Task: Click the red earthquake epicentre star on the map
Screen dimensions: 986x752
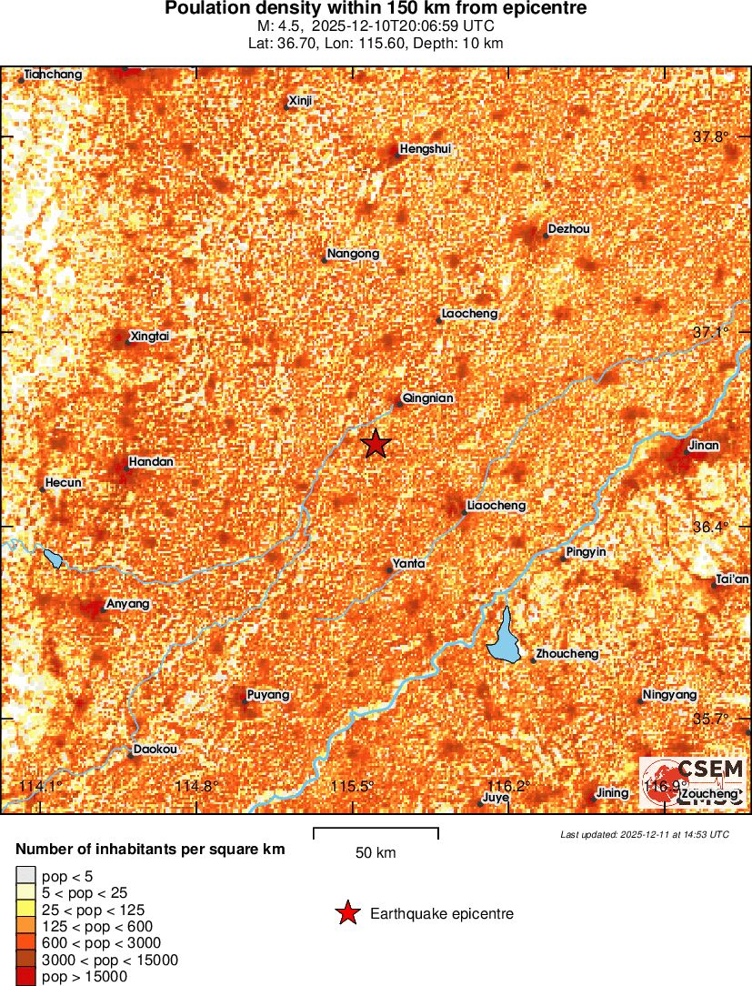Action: (376, 444)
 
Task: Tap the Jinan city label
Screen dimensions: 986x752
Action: (704, 446)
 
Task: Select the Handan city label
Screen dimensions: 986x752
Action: (151, 462)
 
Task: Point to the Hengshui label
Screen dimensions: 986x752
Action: (425, 149)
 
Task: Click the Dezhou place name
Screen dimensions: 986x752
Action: (569, 229)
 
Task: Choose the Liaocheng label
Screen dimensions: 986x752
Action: (496, 506)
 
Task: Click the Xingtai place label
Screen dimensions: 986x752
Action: (150, 337)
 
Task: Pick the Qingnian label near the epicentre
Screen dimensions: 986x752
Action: (427, 398)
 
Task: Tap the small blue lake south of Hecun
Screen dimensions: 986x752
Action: (53, 558)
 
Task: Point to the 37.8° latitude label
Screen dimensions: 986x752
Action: (711, 136)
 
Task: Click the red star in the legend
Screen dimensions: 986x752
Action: (347, 914)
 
